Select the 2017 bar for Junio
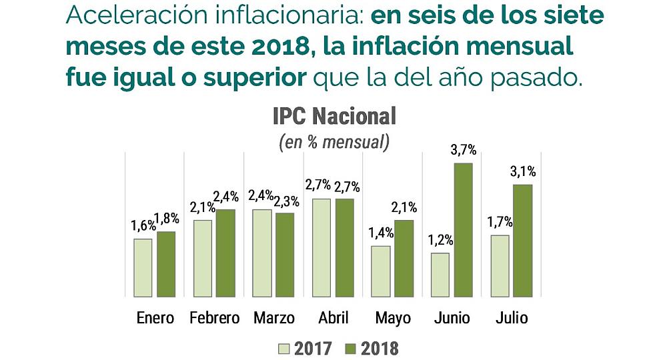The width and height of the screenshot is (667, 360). (440, 275)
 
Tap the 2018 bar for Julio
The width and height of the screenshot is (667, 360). (522, 241)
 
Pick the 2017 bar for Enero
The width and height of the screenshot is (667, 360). (143, 267)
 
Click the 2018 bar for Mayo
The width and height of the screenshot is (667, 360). (403, 258)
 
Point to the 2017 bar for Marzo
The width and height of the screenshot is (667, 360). (262, 253)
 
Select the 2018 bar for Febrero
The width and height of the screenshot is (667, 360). (225, 253)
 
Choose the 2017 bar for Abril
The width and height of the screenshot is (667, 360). (321, 247)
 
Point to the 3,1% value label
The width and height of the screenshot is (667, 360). (522, 172)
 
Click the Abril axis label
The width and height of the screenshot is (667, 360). (333, 317)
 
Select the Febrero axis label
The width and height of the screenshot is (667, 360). (214, 317)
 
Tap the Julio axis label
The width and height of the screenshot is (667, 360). (512, 317)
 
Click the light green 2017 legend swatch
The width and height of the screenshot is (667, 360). (283, 349)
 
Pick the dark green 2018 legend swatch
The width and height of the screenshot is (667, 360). (351, 349)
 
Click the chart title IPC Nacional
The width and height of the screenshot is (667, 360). (334, 116)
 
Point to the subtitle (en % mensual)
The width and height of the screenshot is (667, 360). (334, 142)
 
